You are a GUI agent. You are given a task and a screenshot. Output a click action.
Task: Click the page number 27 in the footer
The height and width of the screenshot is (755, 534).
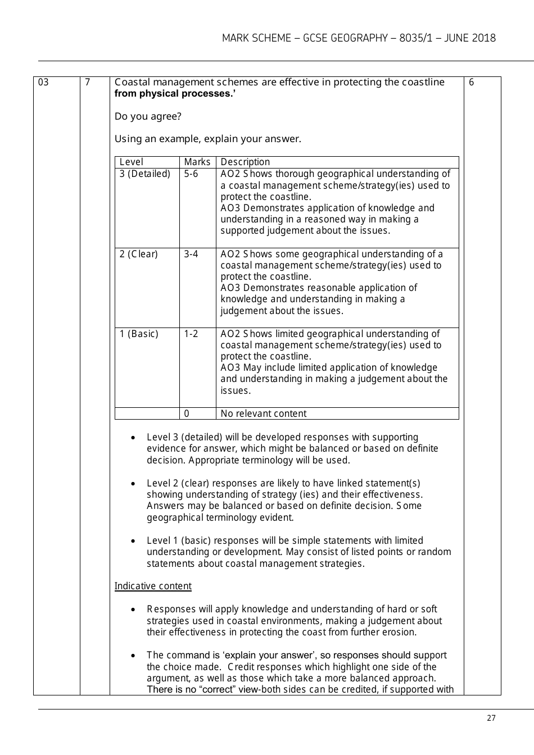pos(491,718)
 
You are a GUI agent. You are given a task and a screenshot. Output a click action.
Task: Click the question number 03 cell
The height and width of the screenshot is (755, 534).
pos(43,83)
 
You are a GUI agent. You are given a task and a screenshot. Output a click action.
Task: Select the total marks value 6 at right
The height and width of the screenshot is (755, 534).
pos(471,83)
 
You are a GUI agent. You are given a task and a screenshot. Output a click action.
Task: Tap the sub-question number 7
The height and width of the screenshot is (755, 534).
pos(87,83)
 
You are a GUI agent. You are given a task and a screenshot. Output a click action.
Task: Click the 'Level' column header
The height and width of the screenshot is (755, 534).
pos(131,162)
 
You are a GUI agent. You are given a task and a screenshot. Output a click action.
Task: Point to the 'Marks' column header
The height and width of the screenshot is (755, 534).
pos(197,162)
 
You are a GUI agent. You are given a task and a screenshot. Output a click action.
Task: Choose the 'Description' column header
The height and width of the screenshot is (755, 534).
pos(245,162)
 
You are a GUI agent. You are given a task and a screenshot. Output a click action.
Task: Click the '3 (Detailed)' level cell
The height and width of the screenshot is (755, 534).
pos(144,174)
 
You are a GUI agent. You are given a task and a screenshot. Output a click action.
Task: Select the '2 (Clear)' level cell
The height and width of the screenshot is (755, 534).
pos(138,254)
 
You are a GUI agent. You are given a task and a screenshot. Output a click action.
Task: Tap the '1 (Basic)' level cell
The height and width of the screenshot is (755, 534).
pos(139,334)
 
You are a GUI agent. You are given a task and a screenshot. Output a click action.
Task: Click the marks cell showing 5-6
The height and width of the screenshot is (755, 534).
pos(191,174)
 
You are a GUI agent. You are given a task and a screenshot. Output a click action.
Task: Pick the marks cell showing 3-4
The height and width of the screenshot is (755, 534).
pos(191,254)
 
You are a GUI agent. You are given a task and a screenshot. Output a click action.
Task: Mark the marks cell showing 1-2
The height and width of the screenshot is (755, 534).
pos(191,334)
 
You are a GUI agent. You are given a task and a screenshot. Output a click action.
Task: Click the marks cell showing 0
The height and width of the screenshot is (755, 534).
pos(187,413)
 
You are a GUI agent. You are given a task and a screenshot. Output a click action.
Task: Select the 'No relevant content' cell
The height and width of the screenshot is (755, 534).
pos(263,413)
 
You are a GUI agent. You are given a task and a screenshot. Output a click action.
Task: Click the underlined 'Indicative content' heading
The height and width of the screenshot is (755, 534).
pos(153,586)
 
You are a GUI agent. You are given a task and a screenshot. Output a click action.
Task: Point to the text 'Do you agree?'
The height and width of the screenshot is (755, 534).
pos(148,116)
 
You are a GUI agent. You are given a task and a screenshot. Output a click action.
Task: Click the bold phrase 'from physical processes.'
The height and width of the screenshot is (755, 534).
pos(175,94)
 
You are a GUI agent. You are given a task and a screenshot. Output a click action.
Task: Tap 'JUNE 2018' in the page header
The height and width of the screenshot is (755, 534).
pos(470,38)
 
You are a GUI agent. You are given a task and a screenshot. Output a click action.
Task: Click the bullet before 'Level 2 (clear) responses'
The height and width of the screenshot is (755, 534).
pos(133,484)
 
